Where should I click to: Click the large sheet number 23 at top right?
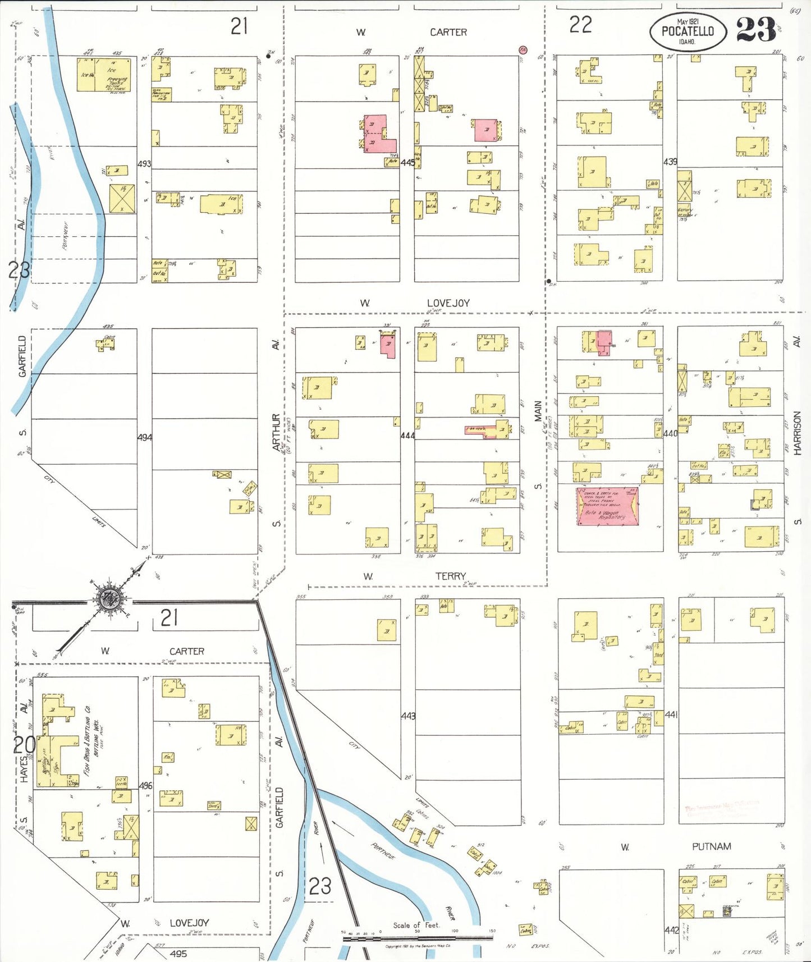[755, 30]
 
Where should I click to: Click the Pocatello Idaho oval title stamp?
[688, 32]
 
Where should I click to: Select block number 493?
[144, 164]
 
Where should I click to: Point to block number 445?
[407, 163]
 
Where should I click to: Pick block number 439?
[670, 162]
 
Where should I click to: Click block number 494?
[144, 437]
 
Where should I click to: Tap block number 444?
[407, 435]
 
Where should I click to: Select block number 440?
[670, 433]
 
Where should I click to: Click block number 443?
[408, 716]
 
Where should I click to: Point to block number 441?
[671, 714]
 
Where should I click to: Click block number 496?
[145, 786]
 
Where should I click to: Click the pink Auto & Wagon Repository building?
[607, 506]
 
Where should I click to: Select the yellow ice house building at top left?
[106, 75]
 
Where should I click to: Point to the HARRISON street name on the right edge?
[797, 432]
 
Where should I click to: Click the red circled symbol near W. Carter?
[523, 50]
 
